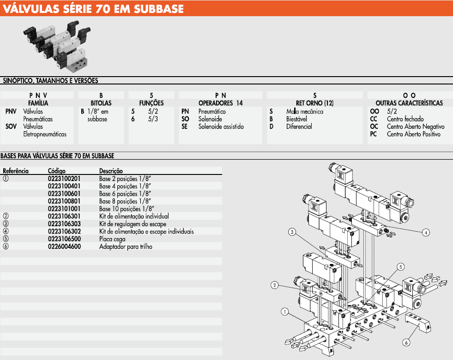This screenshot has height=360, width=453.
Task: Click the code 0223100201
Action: tap(64, 179)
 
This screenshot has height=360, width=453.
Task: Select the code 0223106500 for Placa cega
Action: tap(64, 239)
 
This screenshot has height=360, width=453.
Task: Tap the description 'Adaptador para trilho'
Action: tap(126, 246)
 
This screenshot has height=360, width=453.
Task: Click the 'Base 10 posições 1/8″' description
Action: tap(127, 209)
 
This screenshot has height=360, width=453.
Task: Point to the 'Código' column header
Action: tap(57, 171)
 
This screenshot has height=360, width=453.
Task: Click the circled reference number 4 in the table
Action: tap(6, 231)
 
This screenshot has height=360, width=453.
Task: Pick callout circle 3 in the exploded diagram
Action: tap(292, 232)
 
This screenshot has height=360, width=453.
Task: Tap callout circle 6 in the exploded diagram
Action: tap(406, 342)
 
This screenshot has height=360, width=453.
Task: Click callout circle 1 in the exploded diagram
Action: tap(285, 312)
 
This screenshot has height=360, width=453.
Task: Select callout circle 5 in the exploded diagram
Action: tap(400, 267)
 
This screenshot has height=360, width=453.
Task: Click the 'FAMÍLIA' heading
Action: tap(38, 103)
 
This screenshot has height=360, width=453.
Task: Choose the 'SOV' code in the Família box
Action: tap(11, 126)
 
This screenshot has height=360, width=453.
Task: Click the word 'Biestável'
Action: tap(296, 119)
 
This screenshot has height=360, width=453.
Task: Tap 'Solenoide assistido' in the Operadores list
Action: tap(221, 126)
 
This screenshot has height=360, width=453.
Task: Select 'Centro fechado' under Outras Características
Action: tap(405, 119)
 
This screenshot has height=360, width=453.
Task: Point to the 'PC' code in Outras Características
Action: tap(373, 134)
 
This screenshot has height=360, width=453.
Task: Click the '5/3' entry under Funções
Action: tap(153, 119)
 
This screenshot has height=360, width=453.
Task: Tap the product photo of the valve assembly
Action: tap(57, 46)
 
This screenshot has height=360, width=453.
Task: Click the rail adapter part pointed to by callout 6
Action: tap(418, 323)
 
